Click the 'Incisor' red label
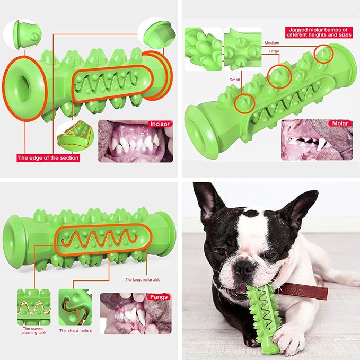tap(160, 124)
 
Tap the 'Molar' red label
tap(340, 124)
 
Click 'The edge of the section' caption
tap(48, 157)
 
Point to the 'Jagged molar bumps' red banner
tap(319, 32)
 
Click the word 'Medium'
tap(272, 43)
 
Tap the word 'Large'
tap(274, 51)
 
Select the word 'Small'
tap(234, 80)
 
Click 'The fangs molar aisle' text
tap(143, 279)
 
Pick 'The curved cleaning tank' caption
tap(34, 331)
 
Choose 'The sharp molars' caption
tap(75, 331)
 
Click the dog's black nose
tap(243, 268)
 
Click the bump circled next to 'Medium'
tap(323, 54)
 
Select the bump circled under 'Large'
tap(279, 76)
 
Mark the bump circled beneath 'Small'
tap(245, 103)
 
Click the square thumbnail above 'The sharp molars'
tap(75, 307)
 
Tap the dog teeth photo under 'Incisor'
tap(136, 141)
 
